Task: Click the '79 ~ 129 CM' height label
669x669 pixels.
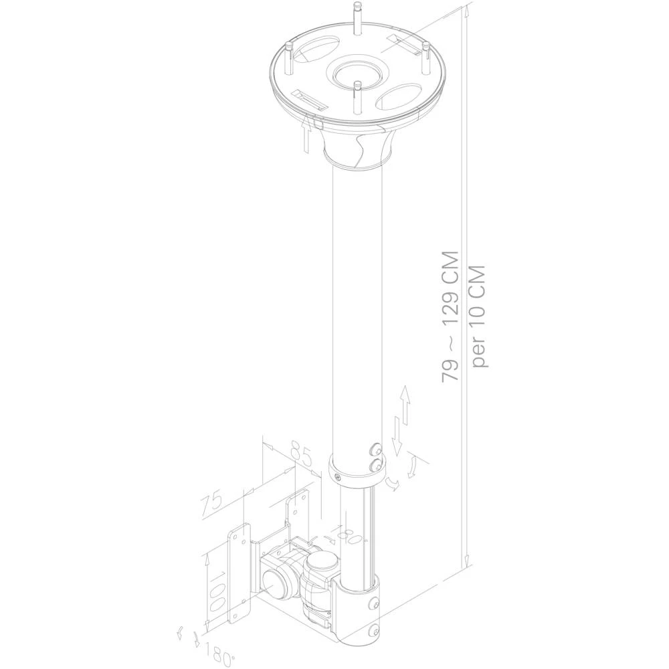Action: [x=450, y=316]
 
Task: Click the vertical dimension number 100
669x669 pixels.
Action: [x=216, y=588]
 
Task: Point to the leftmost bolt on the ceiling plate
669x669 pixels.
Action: [x=289, y=58]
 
